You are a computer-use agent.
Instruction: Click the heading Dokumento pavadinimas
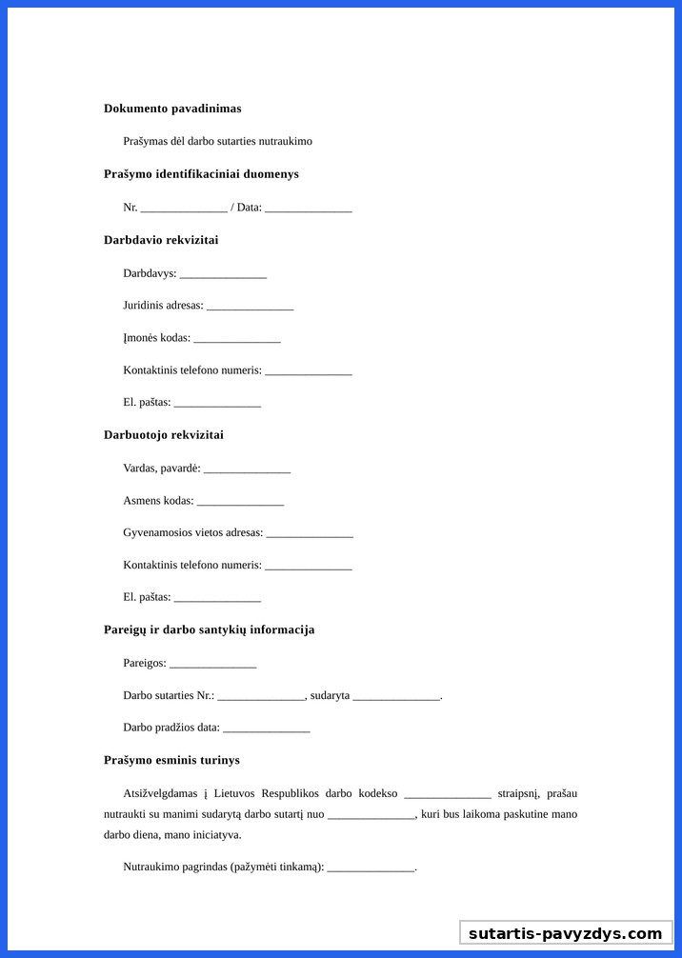coord(172,109)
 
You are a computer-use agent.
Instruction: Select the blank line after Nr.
coord(184,208)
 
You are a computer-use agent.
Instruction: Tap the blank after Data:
coord(309,208)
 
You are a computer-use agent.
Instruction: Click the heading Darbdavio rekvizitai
coord(161,240)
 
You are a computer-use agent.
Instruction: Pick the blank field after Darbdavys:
coord(223,274)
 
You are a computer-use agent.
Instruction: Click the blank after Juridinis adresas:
coord(250,307)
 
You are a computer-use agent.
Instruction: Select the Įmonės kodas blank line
coord(237,339)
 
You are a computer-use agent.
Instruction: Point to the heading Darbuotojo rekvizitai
coord(164,435)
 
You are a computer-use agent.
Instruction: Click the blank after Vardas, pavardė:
coord(247,469)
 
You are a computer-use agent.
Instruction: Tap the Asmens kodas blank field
coord(240,502)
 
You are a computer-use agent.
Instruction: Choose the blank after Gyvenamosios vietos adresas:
coord(310,534)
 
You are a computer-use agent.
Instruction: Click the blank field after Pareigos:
coord(212,664)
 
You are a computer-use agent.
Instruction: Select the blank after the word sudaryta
coord(396,696)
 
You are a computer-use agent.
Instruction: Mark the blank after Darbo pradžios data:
coord(266,728)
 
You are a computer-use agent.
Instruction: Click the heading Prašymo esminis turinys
coord(171,760)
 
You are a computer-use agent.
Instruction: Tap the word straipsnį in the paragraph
coord(519,793)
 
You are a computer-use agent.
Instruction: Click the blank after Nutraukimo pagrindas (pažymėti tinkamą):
coord(371,868)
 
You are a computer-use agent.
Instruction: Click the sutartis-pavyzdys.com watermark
coord(566,933)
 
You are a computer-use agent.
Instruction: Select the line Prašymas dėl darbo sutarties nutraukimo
coord(217,141)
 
